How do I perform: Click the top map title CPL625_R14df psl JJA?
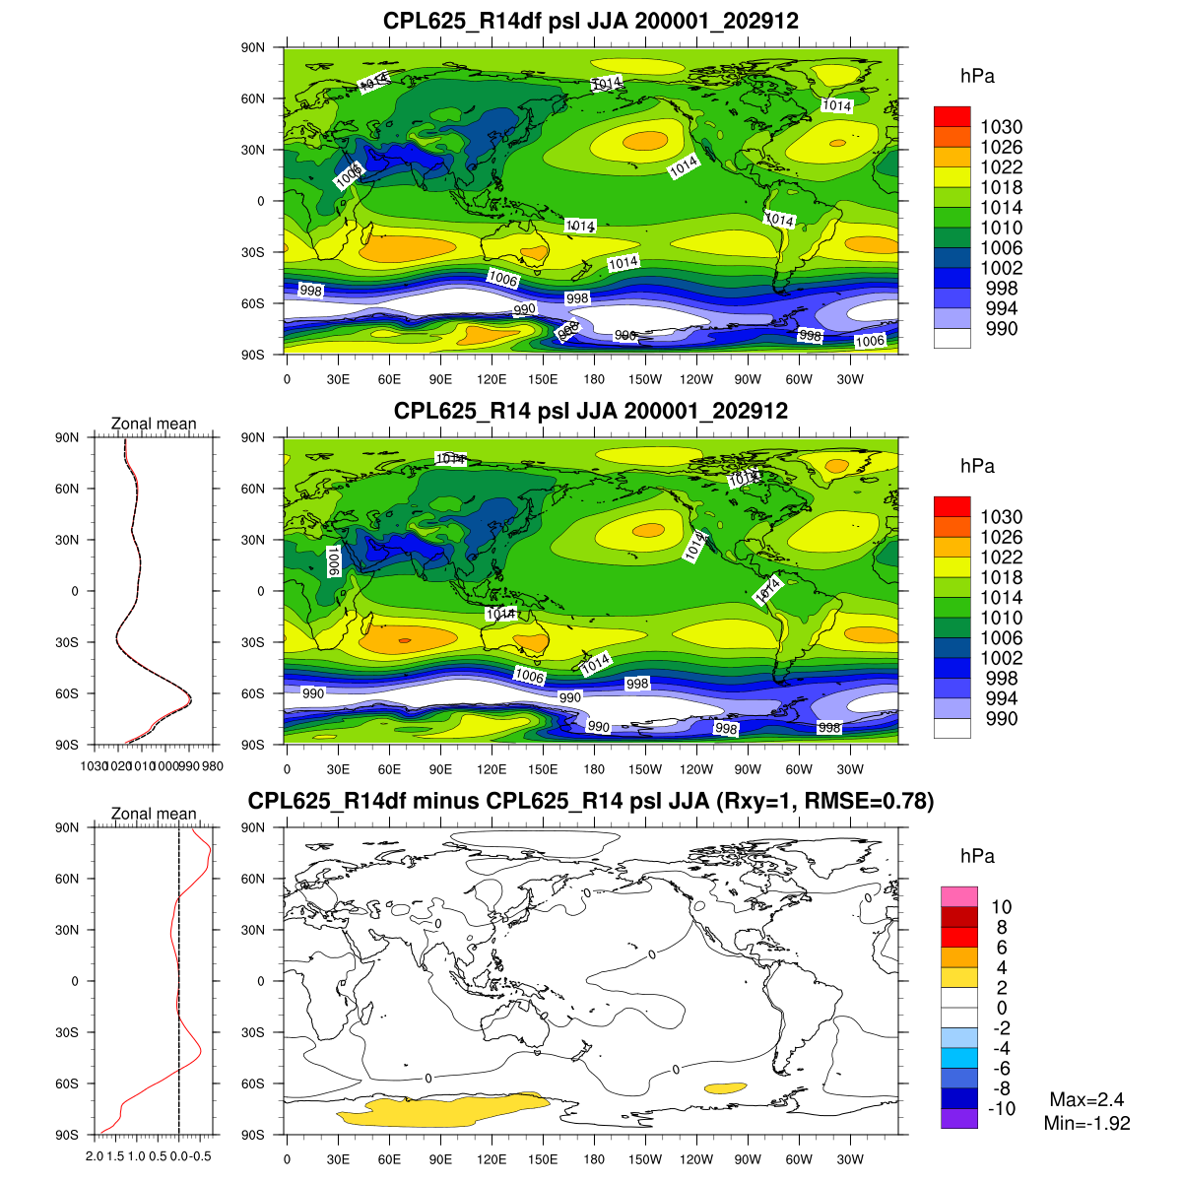pos(591,21)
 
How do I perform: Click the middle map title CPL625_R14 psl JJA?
pos(591,411)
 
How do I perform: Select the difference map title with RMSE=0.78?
pos(591,801)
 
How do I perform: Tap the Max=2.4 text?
pos(1086,1100)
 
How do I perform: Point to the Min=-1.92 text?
pos(1086,1123)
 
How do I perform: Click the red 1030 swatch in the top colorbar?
pos(952,117)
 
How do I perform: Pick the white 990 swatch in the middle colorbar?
pos(952,728)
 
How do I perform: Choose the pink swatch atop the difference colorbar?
pos(958,896)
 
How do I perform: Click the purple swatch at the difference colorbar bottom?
pos(958,1118)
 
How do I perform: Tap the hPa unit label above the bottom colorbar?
pos(977,856)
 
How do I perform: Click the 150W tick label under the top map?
pos(645,380)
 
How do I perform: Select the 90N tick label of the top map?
pos(253,47)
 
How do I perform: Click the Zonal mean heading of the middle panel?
pos(154,424)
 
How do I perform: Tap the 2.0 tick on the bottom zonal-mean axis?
pos(95,1155)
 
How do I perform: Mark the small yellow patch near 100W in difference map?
pos(725,1087)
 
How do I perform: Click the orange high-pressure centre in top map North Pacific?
pos(645,141)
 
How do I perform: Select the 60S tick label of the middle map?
pos(253,693)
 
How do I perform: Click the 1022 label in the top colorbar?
pos(1001,167)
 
